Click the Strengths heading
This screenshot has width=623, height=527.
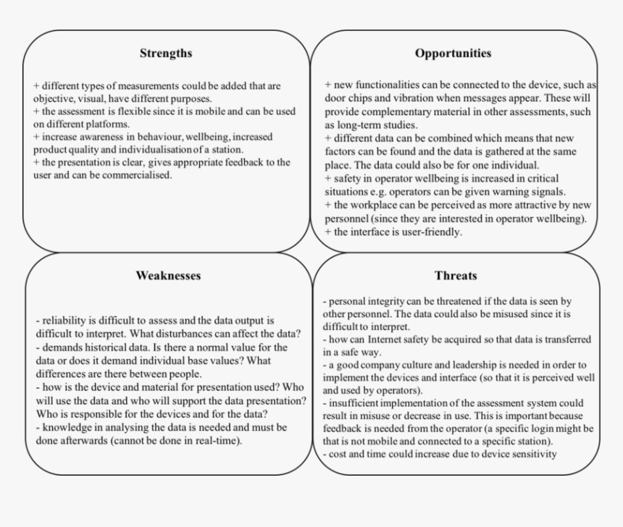pos(166,53)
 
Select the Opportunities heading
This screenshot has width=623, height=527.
pos(453,53)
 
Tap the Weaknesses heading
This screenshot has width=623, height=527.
pos(168,275)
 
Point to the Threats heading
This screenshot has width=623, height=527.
pos(456,275)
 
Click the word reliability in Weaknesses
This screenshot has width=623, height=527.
pos(64,321)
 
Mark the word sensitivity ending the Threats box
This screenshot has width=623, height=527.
pos(530,454)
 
